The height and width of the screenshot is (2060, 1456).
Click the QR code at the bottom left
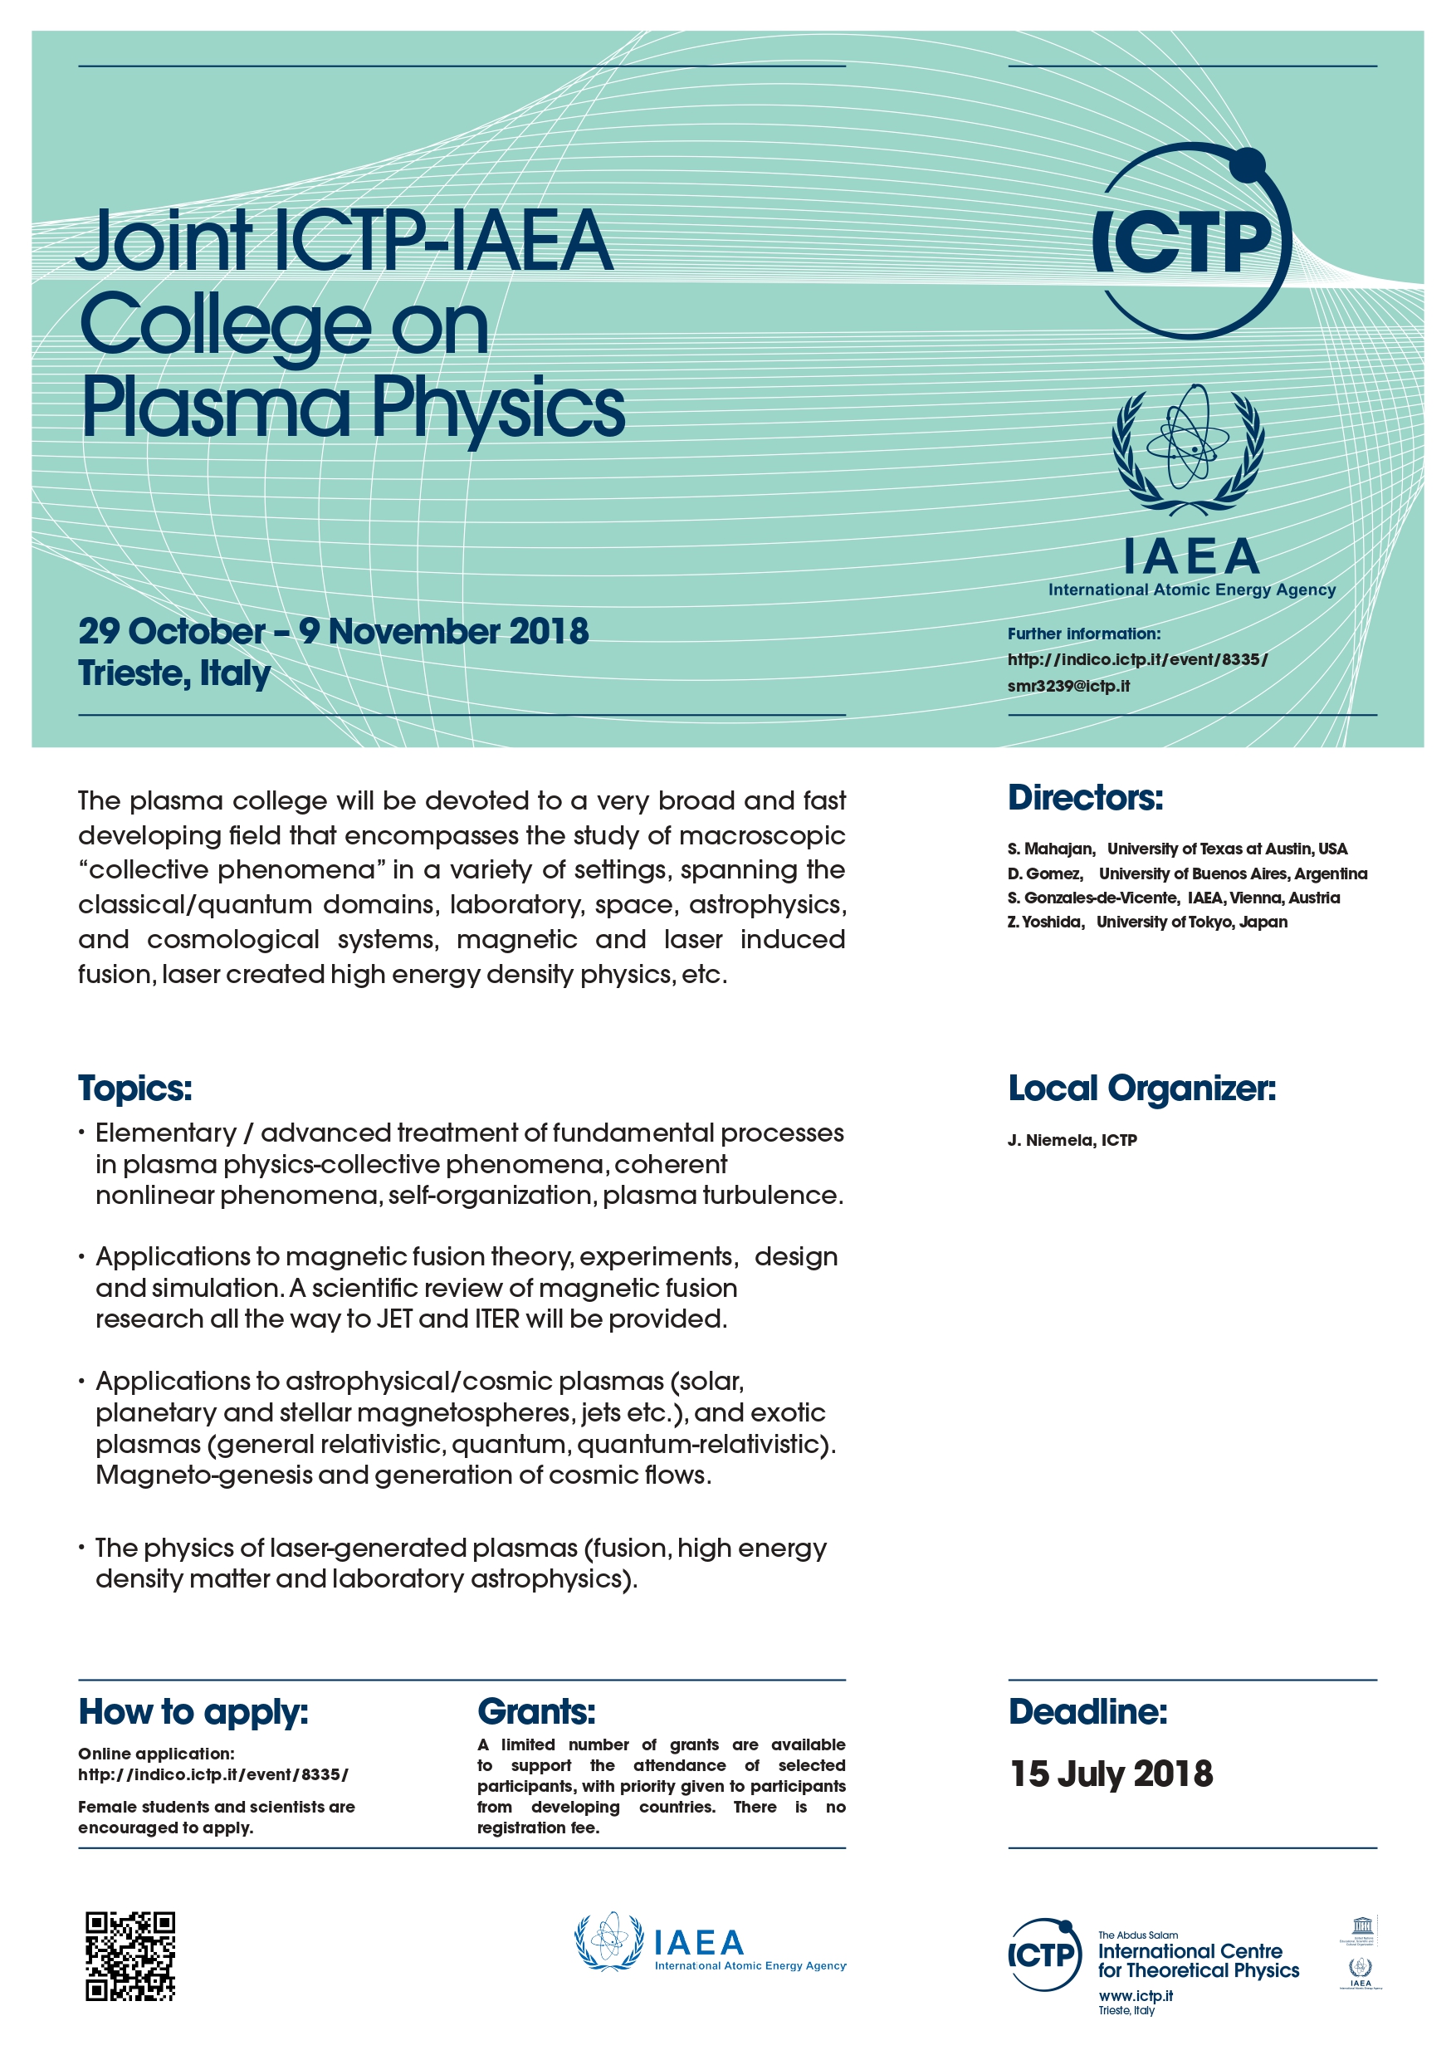(130, 1956)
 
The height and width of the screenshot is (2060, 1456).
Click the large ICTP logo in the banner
(1191, 241)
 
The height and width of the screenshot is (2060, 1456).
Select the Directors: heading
(1085, 798)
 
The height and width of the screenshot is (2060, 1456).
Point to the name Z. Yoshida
(1045, 922)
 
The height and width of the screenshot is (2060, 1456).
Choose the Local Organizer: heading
(1141, 1089)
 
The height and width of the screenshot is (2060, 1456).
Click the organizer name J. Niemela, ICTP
(1072, 1140)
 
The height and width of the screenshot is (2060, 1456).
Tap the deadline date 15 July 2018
(1112, 1774)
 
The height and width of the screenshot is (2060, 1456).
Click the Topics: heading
(134, 1089)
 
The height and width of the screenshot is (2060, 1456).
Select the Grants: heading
(535, 1712)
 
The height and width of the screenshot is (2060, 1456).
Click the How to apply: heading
(193, 1712)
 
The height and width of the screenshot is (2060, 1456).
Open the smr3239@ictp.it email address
(1068, 687)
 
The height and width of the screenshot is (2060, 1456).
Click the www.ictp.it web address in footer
(1136, 1995)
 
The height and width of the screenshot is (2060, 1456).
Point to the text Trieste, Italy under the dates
(174, 673)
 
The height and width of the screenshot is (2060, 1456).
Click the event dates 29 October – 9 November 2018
(333, 632)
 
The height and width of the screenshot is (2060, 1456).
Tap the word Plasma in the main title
(215, 409)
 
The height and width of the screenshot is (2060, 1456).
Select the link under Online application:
(213, 1774)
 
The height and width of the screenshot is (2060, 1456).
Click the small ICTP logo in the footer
(1044, 1955)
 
